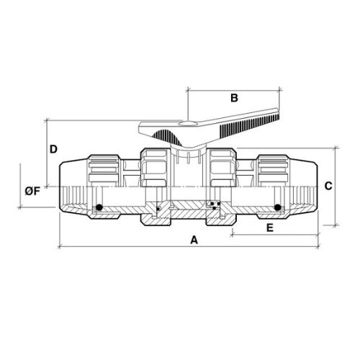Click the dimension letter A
[x=194, y=240]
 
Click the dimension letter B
[x=234, y=98]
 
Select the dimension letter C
[x=328, y=186]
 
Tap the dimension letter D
[x=53, y=149]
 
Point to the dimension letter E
[x=270, y=228]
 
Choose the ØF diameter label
[x=32, y=192]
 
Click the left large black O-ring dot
[x=99, y=207]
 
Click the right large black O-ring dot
[x=278, y=207]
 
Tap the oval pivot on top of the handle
[x=188, y=123]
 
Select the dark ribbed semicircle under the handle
[x=167, y=138]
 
